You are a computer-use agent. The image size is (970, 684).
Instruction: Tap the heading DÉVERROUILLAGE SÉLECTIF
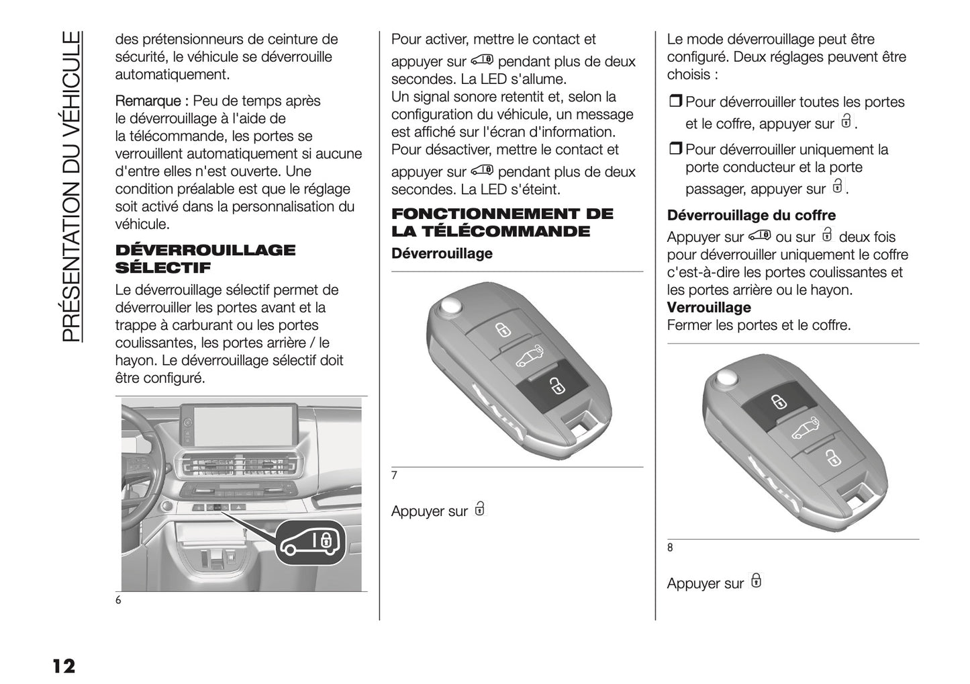pos(205,259)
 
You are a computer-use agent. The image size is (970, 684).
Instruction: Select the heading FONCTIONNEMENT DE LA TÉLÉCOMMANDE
pos(502,222)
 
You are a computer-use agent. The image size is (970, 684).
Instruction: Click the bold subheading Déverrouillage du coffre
pos(751,216)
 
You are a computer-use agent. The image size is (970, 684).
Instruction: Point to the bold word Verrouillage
pos(709,308)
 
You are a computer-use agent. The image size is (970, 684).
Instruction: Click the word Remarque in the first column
pos(148,101)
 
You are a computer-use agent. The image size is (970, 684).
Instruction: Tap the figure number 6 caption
pos(118,600)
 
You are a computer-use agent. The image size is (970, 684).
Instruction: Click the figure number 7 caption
pos(394,476)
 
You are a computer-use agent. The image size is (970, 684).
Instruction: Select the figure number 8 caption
pos(670,548)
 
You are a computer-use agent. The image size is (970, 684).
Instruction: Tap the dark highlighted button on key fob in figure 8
pos(777,402)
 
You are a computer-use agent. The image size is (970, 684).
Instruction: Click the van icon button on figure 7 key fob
pos(530,357)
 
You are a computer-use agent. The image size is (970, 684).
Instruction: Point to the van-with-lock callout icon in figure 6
pos(311,542)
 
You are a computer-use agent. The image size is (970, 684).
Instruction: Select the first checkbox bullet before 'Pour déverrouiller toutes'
pos(675,102)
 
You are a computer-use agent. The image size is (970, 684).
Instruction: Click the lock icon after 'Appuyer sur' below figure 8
pos(756,581)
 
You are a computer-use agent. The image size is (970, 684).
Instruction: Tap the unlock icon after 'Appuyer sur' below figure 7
pos(479,509)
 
